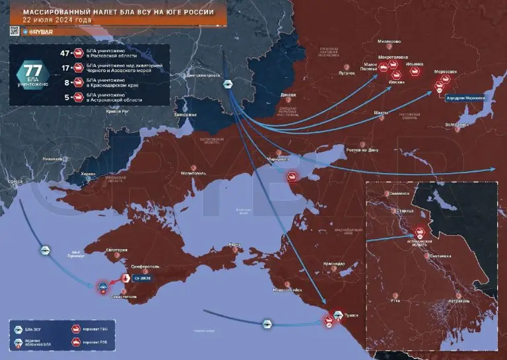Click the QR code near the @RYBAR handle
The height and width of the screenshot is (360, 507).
13,30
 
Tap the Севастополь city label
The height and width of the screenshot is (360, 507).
127,296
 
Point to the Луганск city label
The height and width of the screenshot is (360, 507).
346,73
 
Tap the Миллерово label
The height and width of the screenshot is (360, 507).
389,42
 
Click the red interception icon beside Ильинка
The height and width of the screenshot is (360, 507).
415,73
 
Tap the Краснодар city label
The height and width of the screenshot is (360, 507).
334,264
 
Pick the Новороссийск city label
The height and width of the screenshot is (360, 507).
287,289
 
